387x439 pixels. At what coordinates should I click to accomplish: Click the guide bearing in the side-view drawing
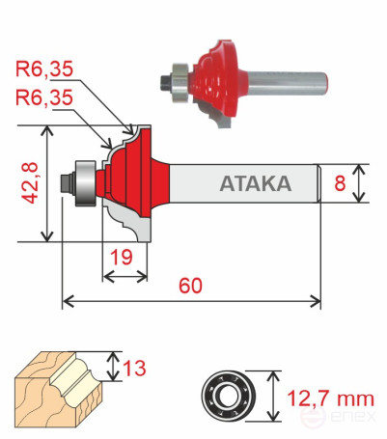coord(84,180)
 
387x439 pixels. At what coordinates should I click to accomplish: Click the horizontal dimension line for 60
coord(190,303)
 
